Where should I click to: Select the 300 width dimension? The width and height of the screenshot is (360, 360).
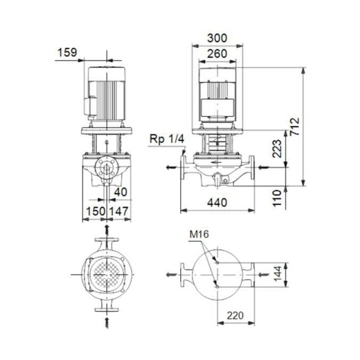[217, 38]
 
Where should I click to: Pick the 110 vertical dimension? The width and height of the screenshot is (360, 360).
[277, 197]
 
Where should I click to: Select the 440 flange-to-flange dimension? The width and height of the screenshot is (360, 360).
[217, 203]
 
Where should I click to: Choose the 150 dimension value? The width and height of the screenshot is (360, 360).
[95, 211]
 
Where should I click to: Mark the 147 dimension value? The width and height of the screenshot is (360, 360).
[119, 211]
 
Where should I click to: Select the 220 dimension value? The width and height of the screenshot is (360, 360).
[235, 315]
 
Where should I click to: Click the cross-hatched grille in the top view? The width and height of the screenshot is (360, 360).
[107, 274]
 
